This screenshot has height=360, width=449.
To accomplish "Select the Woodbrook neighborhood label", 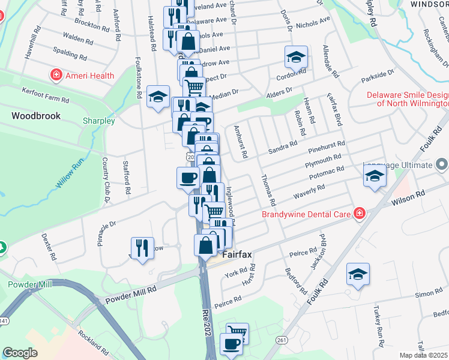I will pyautogui.click(x=36, y=115).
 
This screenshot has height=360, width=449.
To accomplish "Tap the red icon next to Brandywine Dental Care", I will pyautogui.click(x=360, y=214).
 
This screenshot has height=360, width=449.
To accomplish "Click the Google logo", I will pyautogui.click(x=20, y=353).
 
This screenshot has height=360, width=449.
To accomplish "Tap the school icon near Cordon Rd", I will pyautogui.click(x=295, y=57).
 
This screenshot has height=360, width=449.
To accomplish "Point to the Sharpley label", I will pyautogui.click(x=98, y=121).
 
